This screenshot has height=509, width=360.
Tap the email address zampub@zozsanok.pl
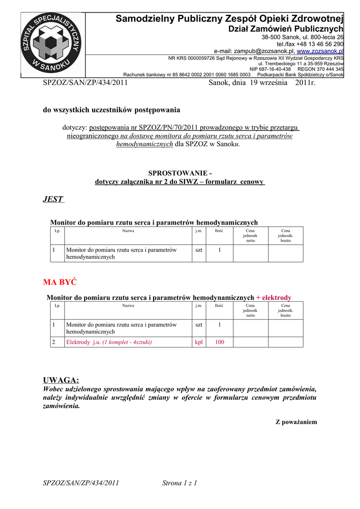[254, 51]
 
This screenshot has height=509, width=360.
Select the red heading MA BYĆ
[60, 282]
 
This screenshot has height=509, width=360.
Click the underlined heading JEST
[53, 199]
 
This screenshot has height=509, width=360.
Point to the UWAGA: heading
[61, 380]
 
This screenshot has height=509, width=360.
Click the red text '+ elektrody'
[273, 298]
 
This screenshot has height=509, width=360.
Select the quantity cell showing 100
[219, 342]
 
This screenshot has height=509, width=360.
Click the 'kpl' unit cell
[199, 342]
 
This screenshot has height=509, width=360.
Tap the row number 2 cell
[54, 342]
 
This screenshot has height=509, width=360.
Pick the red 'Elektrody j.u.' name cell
[109, 342]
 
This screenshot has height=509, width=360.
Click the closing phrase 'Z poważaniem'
[296, 422]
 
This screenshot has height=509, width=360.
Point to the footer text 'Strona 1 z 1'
[180, 483]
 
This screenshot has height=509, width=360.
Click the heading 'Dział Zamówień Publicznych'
[285, 30]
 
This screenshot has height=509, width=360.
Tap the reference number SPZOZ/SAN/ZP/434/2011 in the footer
[81, 483]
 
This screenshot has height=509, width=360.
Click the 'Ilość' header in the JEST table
[219, 231]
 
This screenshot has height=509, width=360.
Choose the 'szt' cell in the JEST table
[199, 250]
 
